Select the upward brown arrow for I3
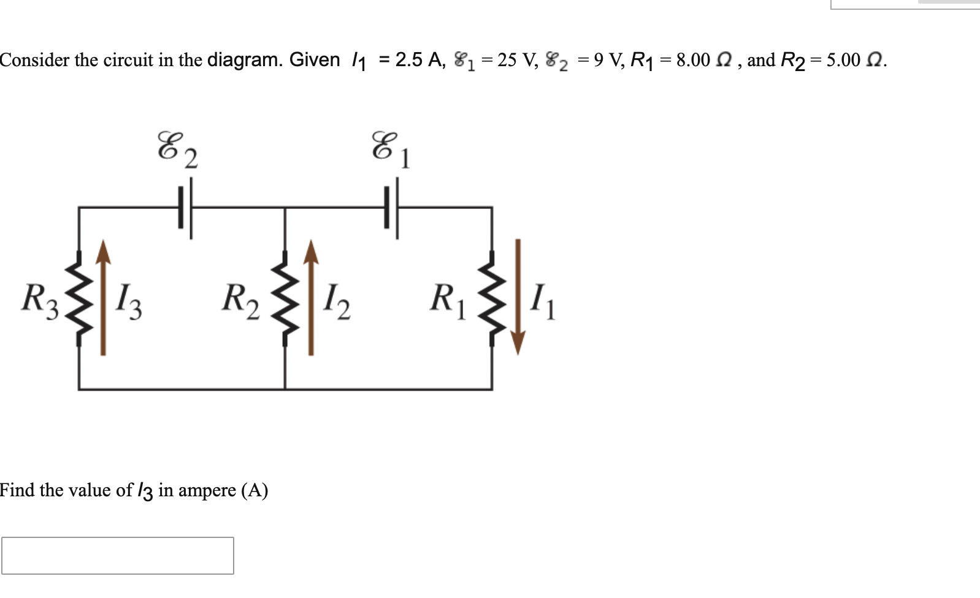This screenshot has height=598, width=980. [103, 298]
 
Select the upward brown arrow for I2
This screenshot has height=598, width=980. [311, 298]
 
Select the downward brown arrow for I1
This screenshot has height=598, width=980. [518, 298]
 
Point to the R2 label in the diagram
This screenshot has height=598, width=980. [240, 300]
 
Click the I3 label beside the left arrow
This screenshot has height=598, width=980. [129, 300]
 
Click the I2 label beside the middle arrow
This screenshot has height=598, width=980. [337, 300]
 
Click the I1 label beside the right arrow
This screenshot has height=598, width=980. [543, 300]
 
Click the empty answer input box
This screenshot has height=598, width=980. [117, 555]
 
